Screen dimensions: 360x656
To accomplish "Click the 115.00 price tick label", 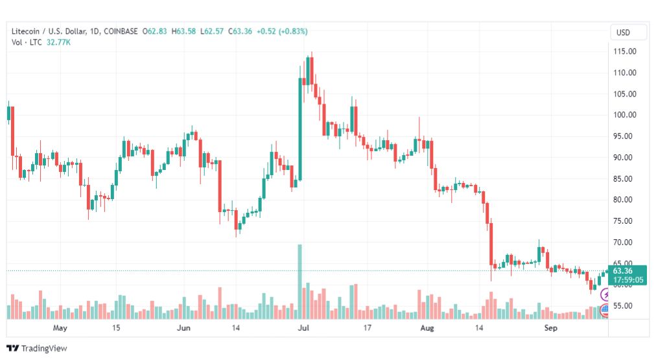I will pos(625,51).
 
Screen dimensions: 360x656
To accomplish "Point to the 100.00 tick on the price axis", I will pos(625,115).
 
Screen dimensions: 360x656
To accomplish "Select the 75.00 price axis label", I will pos(625,221).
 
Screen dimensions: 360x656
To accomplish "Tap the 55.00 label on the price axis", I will pos(625,306).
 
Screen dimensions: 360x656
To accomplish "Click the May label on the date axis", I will pos(60,328).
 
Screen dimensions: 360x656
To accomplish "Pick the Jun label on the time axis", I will pos(184,328).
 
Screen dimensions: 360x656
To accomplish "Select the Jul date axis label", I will pos(303,328).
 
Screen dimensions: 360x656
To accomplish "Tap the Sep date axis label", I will pos(550,328).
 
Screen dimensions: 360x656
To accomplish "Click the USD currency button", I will pos(624,32).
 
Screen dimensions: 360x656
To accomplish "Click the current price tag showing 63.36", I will pos(625,270).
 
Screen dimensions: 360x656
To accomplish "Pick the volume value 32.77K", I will pos(58,42).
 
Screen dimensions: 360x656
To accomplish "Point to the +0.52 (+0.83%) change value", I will pos(282,31).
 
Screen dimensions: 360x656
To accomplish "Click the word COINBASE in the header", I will pos(121,31).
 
